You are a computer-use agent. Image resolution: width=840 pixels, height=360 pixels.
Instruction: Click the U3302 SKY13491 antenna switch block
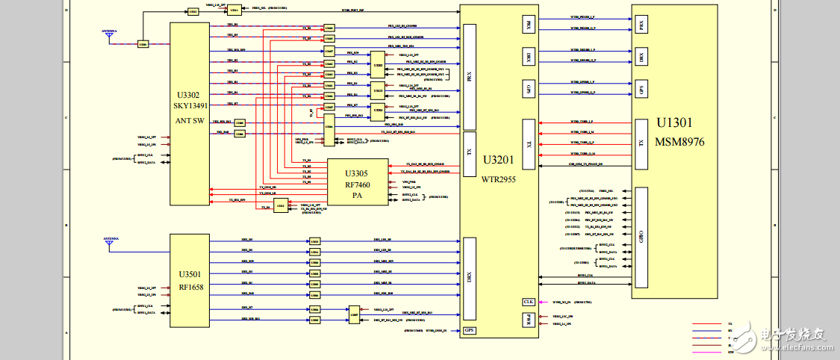[189, 112]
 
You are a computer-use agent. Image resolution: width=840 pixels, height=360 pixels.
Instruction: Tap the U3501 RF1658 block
[189, 280]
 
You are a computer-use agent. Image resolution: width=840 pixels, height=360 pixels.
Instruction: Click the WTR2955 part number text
[497, 179]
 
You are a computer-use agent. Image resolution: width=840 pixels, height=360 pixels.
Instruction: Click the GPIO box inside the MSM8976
[641, 237]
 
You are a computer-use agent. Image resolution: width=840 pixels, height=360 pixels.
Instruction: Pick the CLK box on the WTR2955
[529, 302]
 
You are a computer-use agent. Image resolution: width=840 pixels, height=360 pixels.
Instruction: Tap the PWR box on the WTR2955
[529, 320]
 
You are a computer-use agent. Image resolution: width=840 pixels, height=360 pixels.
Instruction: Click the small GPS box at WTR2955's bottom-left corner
[470, 330]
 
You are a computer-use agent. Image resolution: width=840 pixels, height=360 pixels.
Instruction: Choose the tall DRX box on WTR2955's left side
[470, 277]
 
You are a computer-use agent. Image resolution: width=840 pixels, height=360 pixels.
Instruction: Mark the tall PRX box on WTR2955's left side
[470, 76]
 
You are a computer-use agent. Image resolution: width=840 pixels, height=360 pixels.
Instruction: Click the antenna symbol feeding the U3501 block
[109, 241]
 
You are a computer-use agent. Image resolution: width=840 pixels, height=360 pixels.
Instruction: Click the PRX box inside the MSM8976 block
[641, 25]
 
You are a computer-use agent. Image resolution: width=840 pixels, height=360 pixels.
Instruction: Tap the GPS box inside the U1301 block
[641, 89]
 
